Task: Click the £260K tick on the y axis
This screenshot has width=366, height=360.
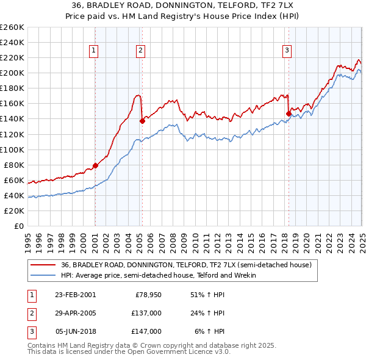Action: click(12, 27)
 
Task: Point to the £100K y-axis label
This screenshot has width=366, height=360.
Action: click(12, 149)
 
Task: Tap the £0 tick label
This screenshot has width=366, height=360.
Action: click(19, 226)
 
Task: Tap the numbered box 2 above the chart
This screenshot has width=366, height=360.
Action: click(140, 51)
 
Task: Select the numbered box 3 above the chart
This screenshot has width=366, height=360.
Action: click(287, 51)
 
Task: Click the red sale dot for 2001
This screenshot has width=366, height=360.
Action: click(96, 165)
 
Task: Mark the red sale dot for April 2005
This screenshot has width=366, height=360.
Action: click(142, 121)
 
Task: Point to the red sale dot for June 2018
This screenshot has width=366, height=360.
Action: click(289, 113)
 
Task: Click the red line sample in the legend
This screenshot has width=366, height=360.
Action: click(42, 265)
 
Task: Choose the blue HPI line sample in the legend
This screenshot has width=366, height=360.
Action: click(42, 275)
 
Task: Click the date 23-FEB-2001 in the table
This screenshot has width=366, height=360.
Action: click(75, 294)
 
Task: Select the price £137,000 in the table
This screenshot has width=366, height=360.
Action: click(146, 313)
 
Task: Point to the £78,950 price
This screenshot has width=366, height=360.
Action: click(148, 294)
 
